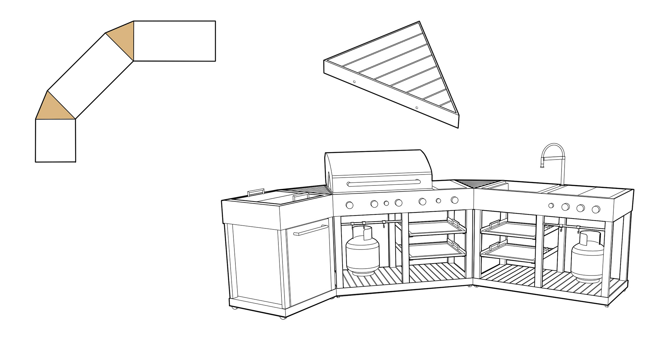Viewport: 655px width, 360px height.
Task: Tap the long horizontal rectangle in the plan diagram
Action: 174,41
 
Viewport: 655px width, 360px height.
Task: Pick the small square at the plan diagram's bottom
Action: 55,140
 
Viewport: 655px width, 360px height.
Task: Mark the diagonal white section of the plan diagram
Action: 90,76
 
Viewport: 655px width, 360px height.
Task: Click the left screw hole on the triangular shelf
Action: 354,82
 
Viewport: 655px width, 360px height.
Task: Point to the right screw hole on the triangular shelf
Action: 417,108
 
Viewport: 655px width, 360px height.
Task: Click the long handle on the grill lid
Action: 383,184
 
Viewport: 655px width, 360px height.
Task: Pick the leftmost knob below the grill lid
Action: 349,205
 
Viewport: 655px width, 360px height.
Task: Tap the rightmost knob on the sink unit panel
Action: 596,209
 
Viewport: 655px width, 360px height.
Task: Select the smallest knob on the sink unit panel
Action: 551,206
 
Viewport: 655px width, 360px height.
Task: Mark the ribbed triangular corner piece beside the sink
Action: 472,184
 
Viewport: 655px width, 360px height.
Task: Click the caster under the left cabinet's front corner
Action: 282,318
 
